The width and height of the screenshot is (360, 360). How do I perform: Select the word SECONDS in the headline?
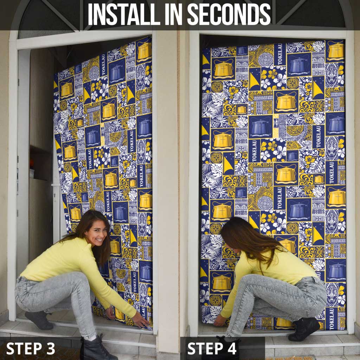229,14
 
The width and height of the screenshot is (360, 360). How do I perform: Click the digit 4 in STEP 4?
231,348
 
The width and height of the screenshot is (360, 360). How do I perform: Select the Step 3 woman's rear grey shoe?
39,320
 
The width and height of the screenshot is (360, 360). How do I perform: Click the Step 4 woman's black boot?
304,329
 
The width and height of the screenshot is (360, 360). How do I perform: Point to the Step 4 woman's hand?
219,321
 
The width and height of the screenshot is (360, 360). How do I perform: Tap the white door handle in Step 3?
56,185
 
